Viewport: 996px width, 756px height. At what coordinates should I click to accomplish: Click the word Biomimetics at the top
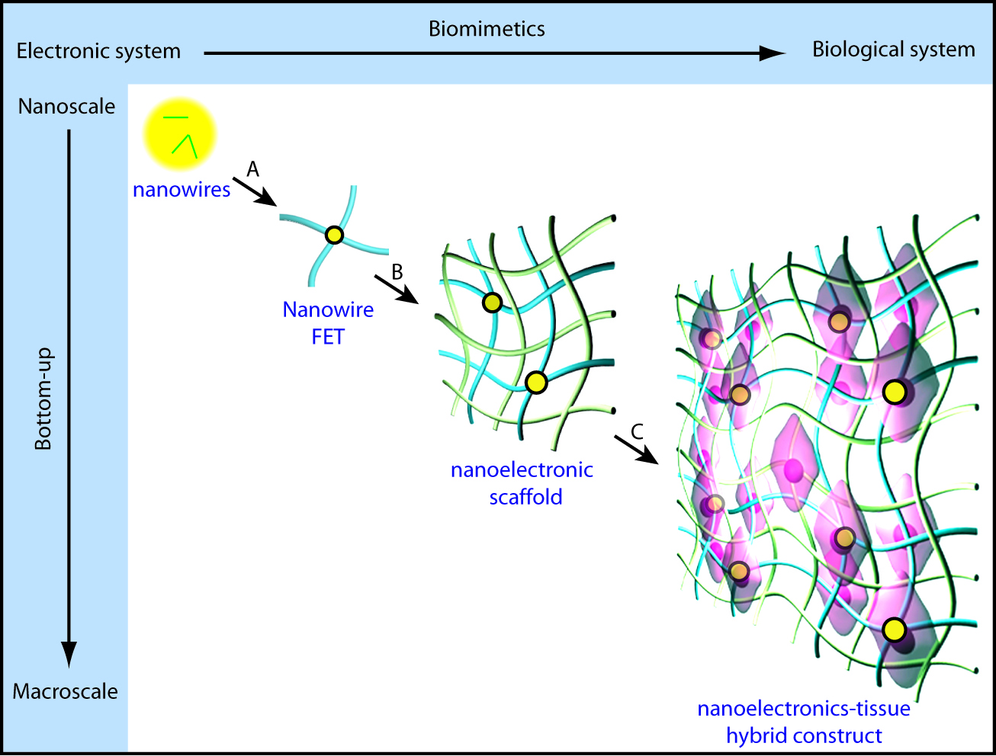[487, 29]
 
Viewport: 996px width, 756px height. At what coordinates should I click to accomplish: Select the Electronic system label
[98, 51]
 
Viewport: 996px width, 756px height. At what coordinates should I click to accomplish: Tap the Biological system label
[894, 50]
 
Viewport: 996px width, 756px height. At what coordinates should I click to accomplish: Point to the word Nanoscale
[66, 107]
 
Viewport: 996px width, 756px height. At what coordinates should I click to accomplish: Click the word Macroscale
[66, 692]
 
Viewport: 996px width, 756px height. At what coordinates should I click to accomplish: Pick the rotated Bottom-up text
[44, 399]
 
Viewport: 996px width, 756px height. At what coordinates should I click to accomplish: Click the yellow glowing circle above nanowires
[180, 134]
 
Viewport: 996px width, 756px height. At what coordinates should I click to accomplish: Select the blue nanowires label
[182, 190]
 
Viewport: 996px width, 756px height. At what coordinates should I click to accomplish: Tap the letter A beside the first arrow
[252, 169]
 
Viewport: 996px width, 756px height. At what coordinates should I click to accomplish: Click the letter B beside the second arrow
[397, 272]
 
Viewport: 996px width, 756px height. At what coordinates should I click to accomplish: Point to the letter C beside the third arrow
[637, 432]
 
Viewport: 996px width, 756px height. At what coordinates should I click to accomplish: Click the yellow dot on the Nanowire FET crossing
[335, 235]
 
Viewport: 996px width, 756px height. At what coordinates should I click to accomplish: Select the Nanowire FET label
[328, 322]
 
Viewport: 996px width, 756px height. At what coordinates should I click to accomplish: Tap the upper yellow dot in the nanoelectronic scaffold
[493, 303]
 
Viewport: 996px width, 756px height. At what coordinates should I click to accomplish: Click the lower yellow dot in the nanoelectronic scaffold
[536, 383]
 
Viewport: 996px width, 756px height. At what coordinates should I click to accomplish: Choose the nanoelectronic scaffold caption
[522, 484]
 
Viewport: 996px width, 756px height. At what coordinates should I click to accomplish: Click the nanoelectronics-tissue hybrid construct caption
[804, 722]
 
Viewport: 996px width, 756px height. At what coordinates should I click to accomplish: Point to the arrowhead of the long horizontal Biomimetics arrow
[773, 53]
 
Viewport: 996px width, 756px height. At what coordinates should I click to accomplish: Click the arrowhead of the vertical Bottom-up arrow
[69, 655]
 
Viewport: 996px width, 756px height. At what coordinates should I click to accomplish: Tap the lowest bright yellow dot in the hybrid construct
[895, 630]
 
